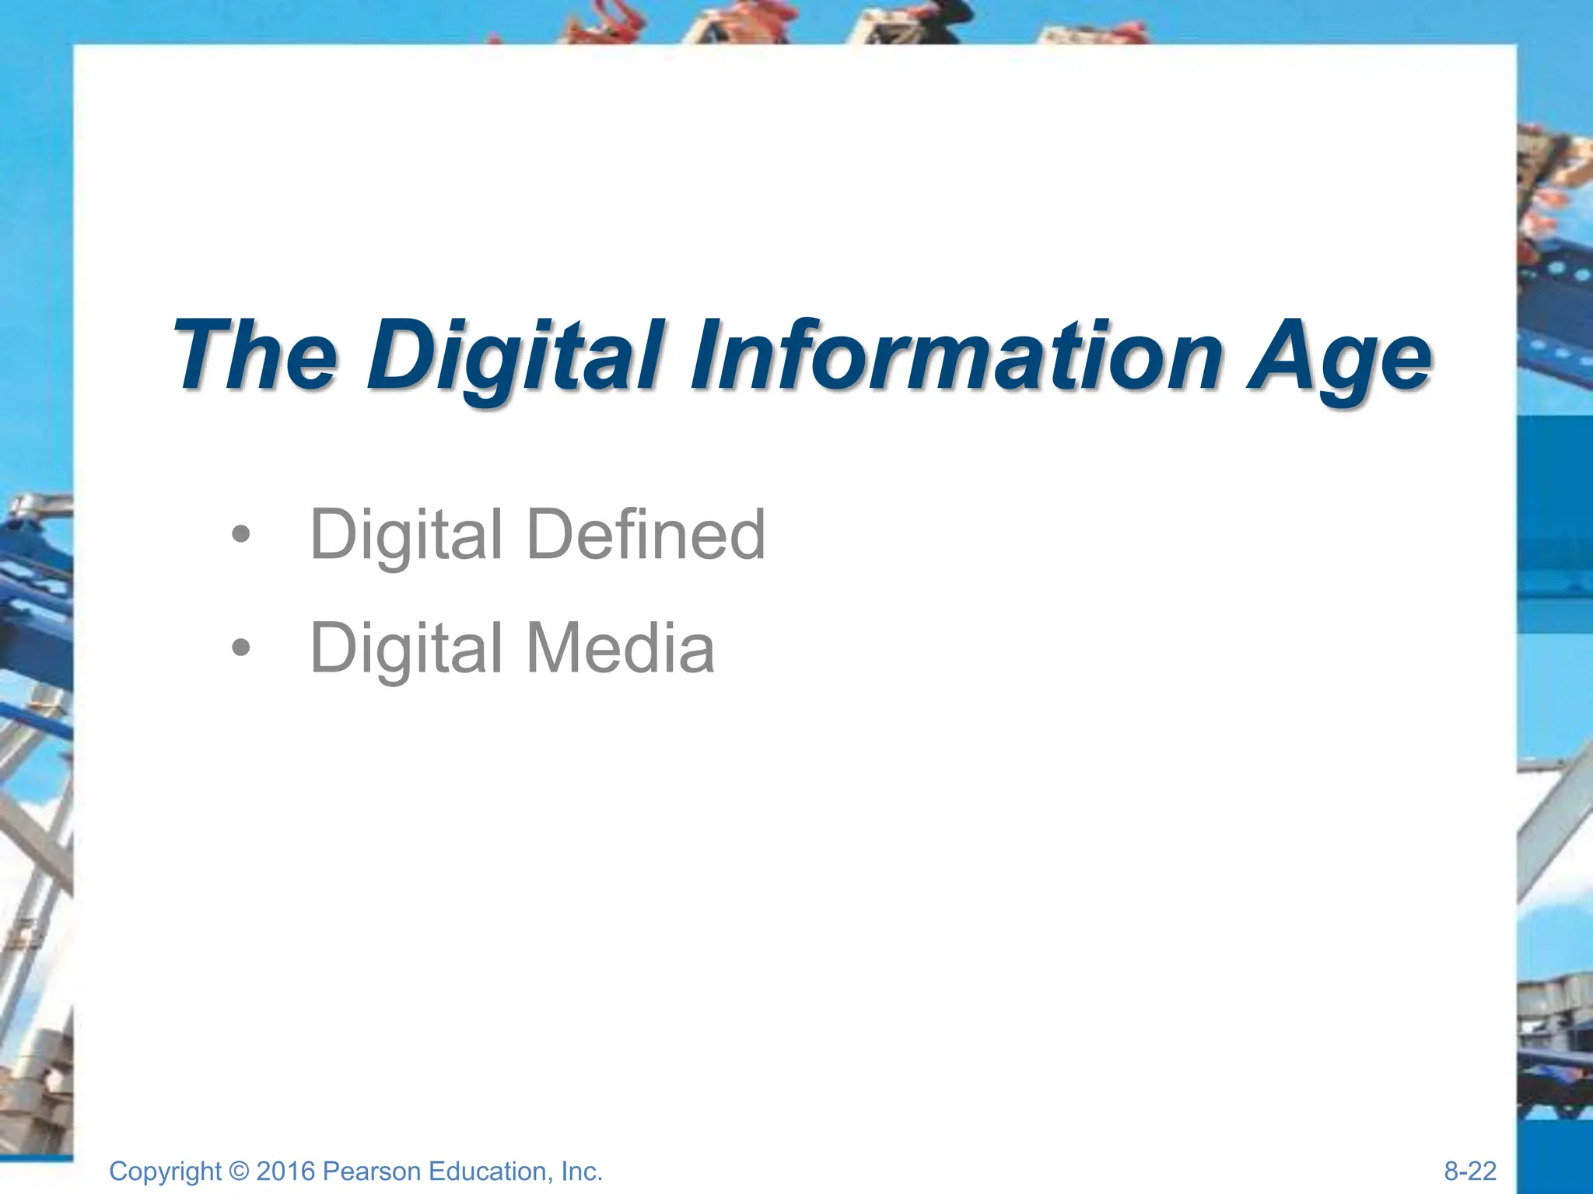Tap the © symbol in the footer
(240, 1171)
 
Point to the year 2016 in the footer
(285, 1171)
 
